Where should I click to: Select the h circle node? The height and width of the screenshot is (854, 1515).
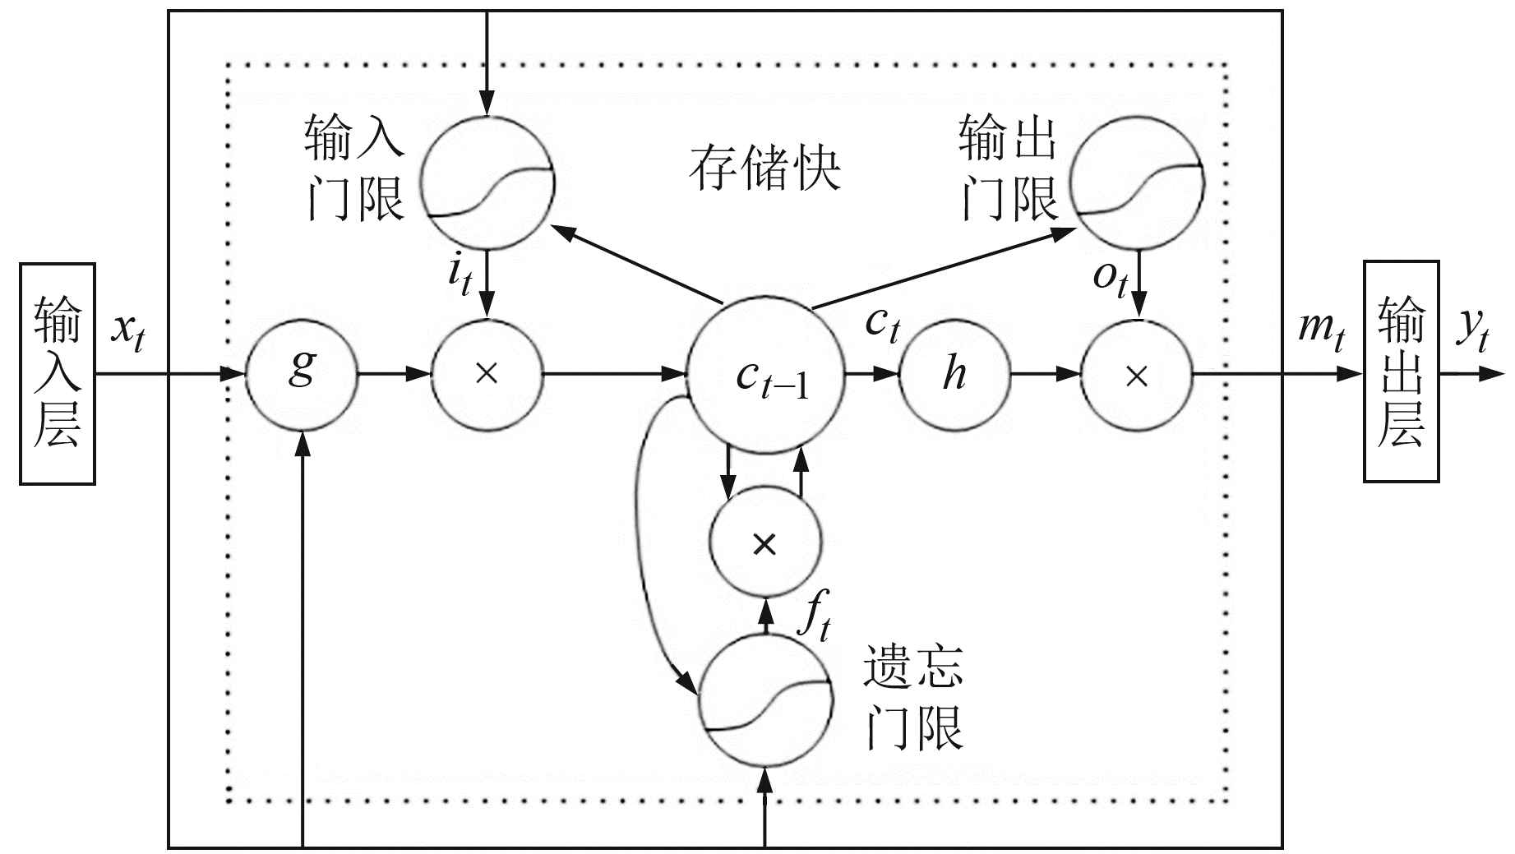(x=954, y=375)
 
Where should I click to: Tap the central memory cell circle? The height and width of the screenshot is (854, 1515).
(x=765, y=375)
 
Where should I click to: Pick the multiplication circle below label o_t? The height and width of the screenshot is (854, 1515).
(x=1136, y=376)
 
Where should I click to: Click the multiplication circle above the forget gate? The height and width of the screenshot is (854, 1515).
(x=765, y=543)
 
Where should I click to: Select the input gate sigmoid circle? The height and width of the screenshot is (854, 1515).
(x=487, y=182)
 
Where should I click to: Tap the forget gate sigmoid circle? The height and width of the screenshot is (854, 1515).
(x=765, y=699)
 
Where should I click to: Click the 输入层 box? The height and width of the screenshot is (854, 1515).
(x=58, y=373)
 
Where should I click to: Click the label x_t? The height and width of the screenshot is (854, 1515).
(x=129, y=331)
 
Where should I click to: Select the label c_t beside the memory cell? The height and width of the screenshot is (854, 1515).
(x=882, y=324)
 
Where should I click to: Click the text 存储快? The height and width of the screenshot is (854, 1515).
(x=764, y=168)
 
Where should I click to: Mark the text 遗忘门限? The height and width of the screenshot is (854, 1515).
(x=912, y=696)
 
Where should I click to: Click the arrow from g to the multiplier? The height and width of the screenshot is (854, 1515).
(x=395, y=375)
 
